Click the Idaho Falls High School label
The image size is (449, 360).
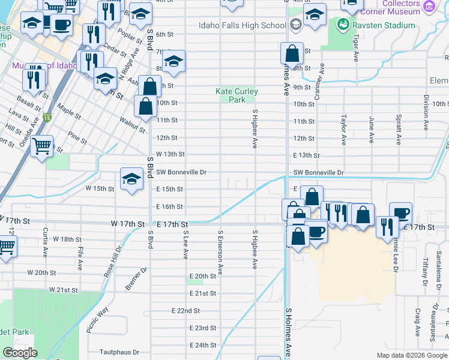(242, 25)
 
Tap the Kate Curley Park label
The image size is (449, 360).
(237, 95)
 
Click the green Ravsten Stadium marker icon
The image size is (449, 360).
(342, 25)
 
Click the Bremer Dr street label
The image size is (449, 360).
(136, 280)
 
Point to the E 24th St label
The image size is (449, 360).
(202, 346)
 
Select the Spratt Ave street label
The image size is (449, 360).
(398, 130)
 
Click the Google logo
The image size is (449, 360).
(20, 353)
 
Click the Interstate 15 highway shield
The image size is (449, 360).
(47, 118)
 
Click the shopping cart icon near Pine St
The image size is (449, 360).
(41, 146)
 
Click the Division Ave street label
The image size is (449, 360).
(426, 109)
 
